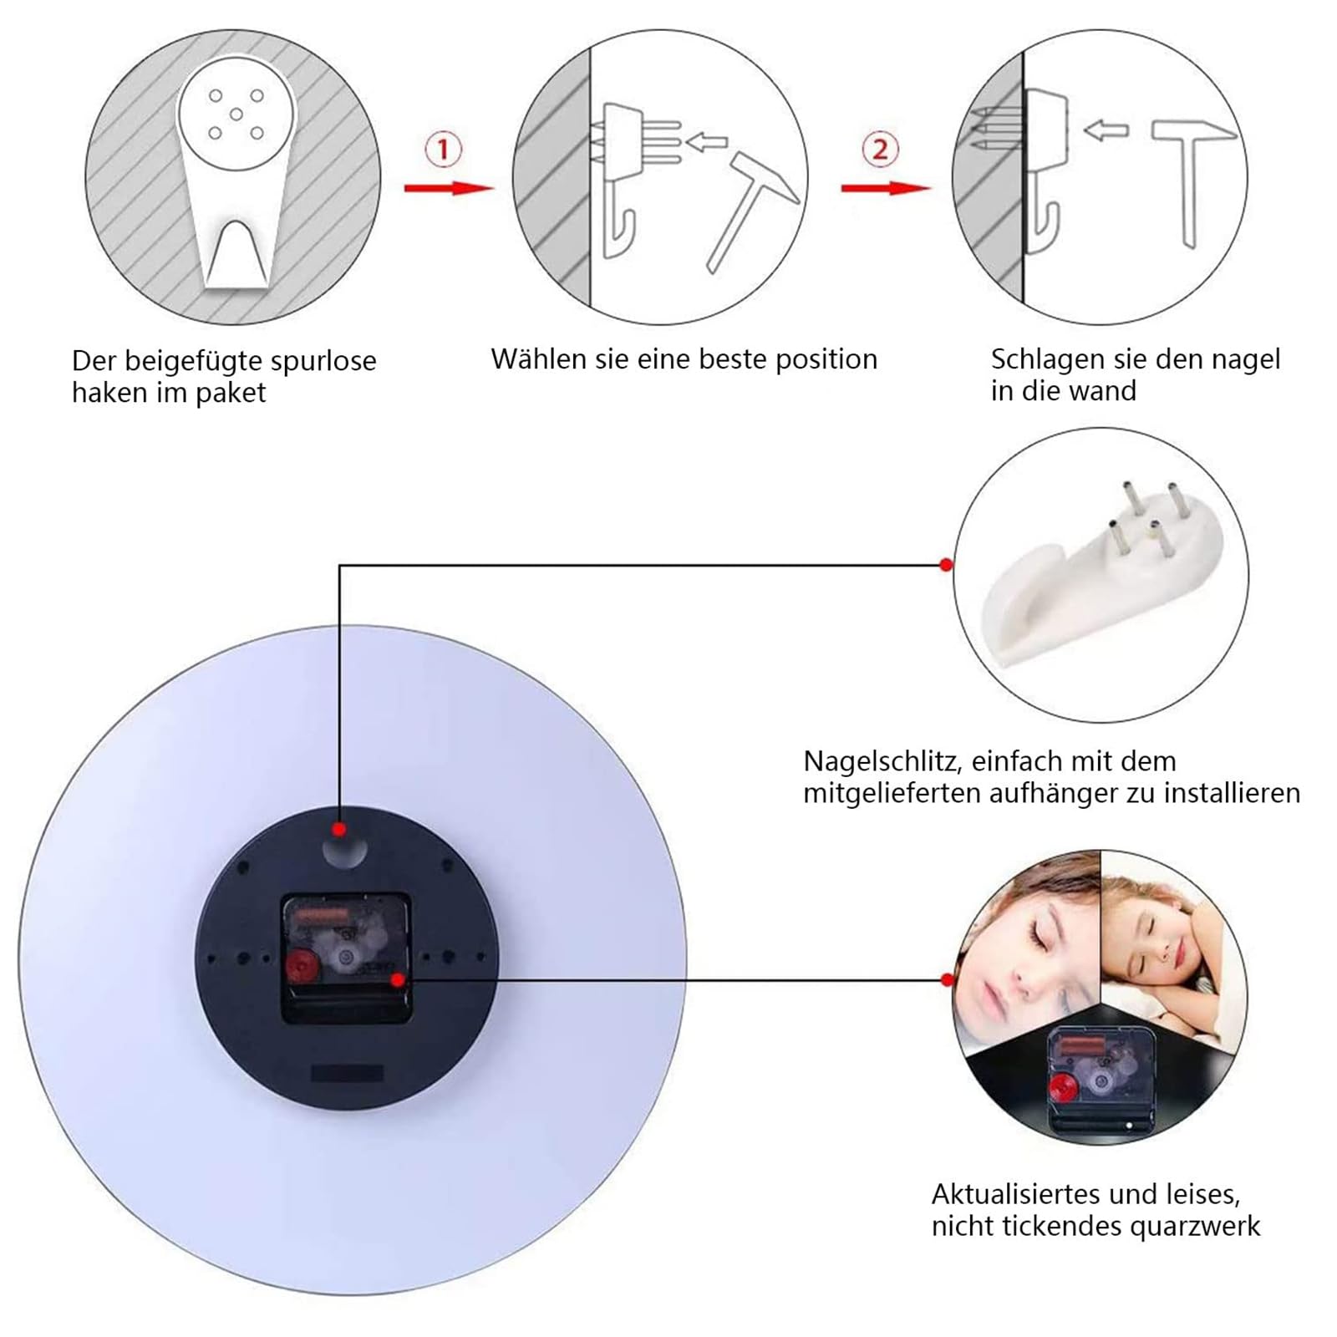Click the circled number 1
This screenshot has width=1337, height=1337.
pyautogui.click(x=443, y=150)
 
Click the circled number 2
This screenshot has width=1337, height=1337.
pyautogui.click(x=880, y=150)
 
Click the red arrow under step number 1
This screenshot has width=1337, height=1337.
pyautogui.click(x=450, y=188)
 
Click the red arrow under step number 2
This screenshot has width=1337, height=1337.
pyautogui.click(x=886, y=188)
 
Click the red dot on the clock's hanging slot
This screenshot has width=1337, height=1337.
pyautogui.click(x=338, y=830)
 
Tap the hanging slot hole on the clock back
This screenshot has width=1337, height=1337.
pyautogui.click(x=344, y=850)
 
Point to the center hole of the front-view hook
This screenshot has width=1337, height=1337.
pyautogui.click(x=236, y=114)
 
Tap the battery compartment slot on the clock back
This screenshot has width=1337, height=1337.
pyautogui.click(x=347, y=1073)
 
